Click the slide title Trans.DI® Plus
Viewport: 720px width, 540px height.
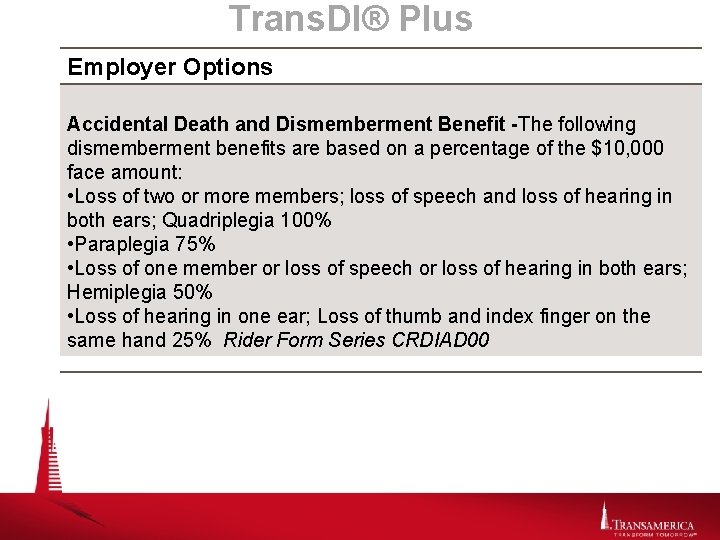point(350,19)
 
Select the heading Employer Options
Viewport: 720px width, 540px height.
point(170,68)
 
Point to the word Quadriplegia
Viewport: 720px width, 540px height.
point(219,220)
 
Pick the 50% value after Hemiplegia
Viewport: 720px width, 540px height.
point(190,293)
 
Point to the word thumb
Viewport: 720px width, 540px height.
point(431,317)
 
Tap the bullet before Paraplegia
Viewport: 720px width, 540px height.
point(70,245)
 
